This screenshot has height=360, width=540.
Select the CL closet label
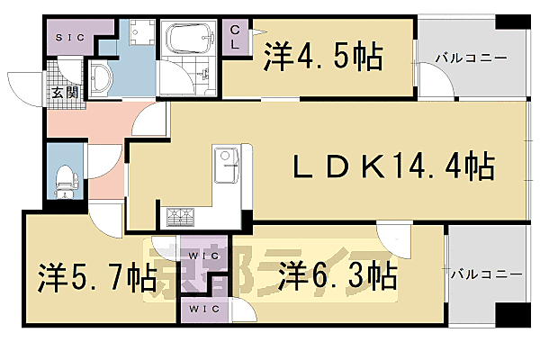pos(235,38)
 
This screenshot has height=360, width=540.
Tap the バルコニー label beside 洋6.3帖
pos(486,272)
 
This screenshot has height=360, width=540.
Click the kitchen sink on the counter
pos(225,163)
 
